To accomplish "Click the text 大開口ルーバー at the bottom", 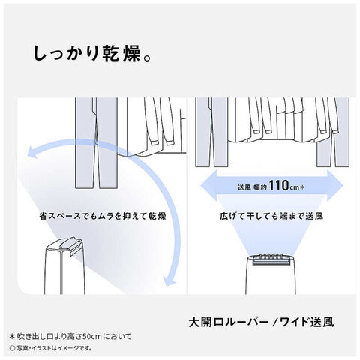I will click(x=225, y=322).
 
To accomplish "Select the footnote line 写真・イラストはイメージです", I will click(x=56, y=349).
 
